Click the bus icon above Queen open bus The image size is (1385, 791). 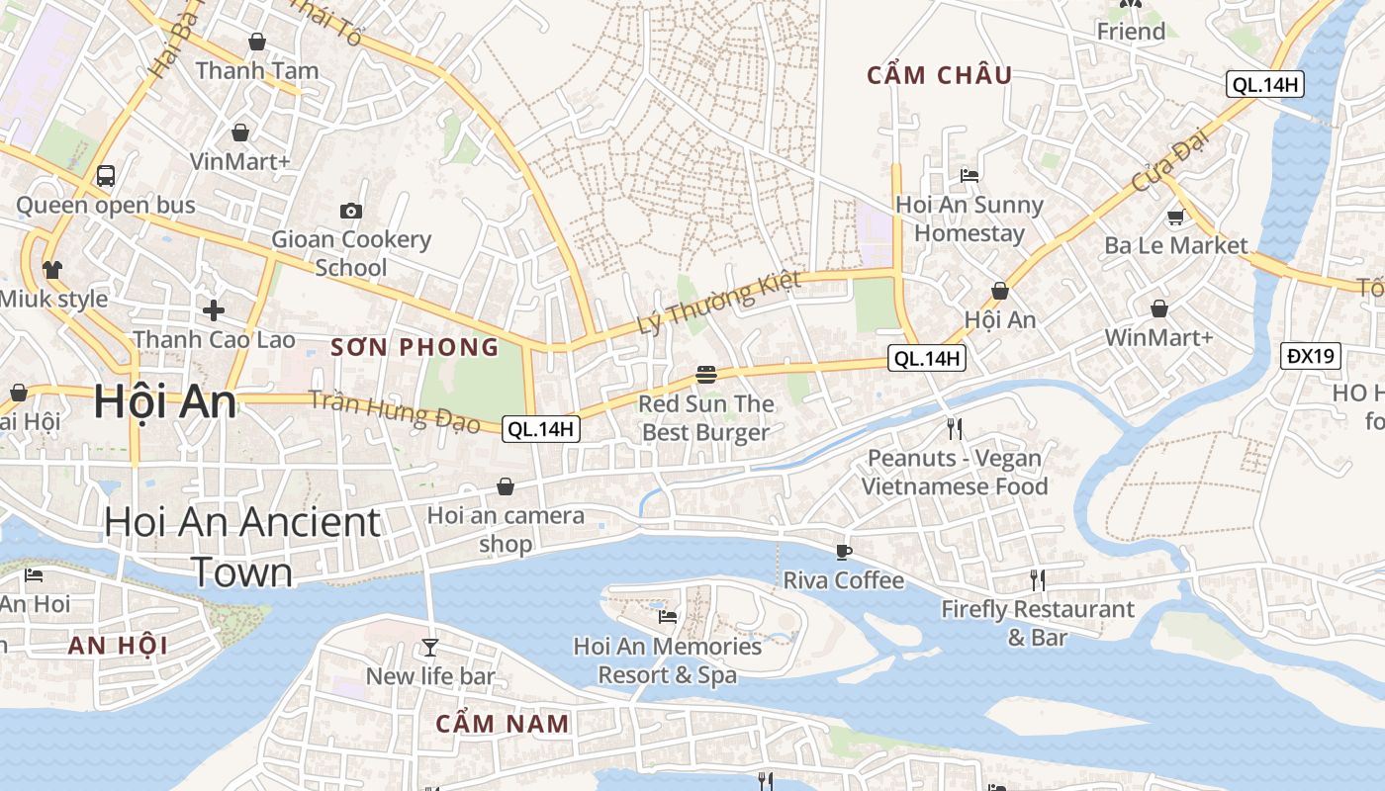106,176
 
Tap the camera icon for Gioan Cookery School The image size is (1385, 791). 350,211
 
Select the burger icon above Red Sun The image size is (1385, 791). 705,375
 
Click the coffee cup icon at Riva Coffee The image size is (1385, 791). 843,551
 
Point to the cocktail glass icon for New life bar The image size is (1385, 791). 429,647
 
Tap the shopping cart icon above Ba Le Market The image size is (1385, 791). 1175,217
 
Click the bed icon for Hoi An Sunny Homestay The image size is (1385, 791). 969,176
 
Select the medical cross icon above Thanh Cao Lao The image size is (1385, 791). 214,310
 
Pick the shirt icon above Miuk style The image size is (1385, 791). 52,269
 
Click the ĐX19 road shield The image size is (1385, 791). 1311,356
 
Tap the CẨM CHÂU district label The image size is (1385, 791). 939,75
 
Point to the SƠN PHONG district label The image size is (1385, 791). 415,347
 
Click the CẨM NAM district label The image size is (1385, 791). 503,723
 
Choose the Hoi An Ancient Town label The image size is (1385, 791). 242,547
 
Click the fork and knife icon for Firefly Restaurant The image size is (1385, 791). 1037,579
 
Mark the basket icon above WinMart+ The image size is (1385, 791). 1158,309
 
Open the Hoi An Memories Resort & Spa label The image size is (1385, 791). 668,660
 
